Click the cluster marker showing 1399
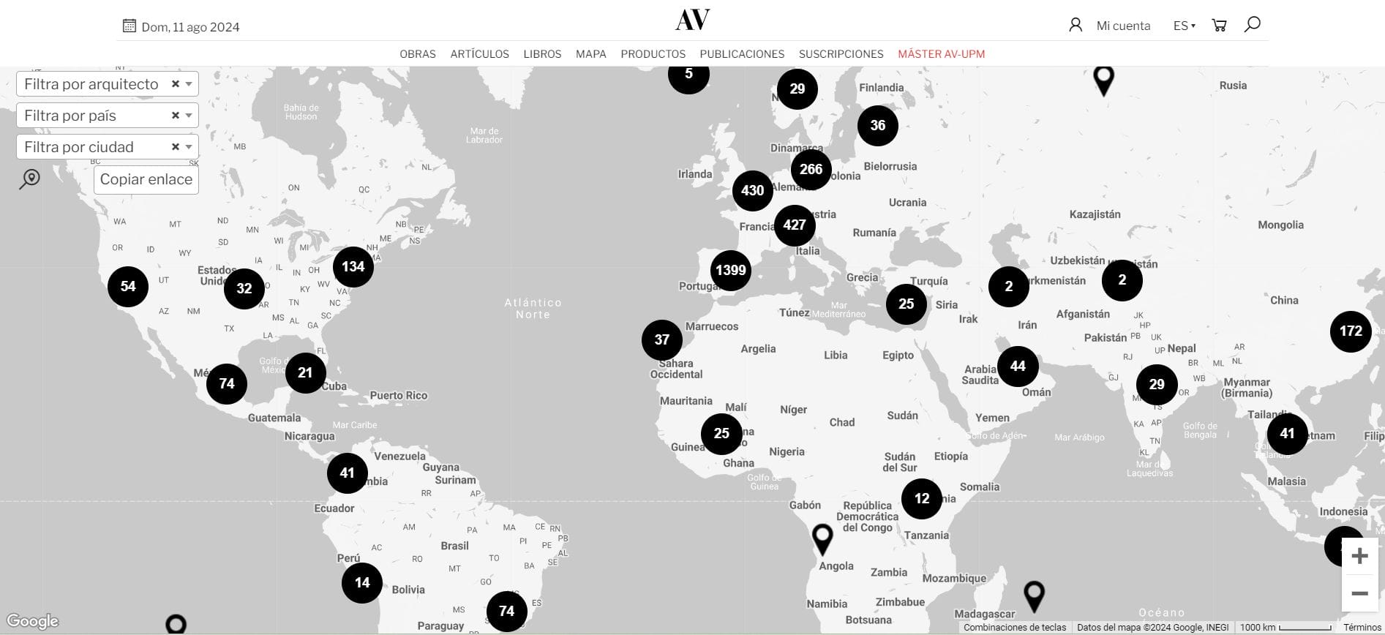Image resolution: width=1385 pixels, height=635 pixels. point(730,270)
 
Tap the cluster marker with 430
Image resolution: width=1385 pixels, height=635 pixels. point(752,191)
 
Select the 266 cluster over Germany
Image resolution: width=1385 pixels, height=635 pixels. point(811,169)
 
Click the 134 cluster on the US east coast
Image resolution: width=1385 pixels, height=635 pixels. point(353,266)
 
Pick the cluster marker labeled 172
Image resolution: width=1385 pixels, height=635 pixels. point(1350,331)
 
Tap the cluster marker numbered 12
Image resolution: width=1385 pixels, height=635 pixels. point(921,498)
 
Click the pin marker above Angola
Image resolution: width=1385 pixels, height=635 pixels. point(822,538)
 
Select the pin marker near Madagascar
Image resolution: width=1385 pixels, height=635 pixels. point(1033,595)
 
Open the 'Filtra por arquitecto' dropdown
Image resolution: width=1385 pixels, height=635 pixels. point(108,84)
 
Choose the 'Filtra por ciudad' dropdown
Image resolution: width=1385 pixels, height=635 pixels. point(108,147)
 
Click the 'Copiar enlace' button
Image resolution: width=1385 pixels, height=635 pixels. point(146,179)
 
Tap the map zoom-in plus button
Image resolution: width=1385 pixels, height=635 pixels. point(1359,556)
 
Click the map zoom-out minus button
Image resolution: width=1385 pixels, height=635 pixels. point(1359,593)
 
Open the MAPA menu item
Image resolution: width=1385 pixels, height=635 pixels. point(590,54)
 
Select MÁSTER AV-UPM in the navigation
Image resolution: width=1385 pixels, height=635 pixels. point(941,54)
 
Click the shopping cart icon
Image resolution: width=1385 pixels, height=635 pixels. point(1219,26)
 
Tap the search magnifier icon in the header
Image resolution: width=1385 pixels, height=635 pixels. point(1252,24)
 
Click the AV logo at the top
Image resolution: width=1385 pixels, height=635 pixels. point(692,20)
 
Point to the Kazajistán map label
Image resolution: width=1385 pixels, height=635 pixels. point(1095,214)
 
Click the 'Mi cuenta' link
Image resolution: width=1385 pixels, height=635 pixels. point(1123,26)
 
